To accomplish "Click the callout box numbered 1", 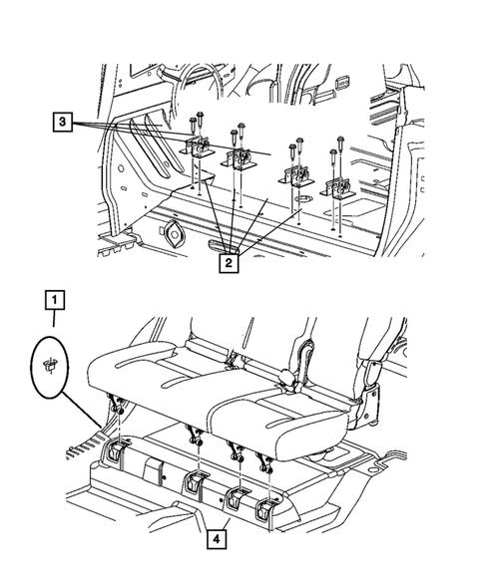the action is (55, 300).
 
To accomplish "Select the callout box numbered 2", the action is (229, 263).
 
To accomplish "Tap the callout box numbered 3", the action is (62, 122).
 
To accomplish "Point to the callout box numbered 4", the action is (217, 539).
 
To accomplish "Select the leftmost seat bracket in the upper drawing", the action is (196, 147).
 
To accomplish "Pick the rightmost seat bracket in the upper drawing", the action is (336, 188).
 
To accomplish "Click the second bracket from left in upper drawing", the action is (238, 159).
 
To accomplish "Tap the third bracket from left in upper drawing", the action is (295, 176).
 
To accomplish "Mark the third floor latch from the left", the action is (237, 499).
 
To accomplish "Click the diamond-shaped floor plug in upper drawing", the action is (174, 234).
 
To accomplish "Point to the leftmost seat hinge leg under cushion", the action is (117, 405).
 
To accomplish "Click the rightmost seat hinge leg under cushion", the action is (263, 462).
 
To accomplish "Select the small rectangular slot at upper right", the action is (343, 80).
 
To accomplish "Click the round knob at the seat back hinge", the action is (286, 375).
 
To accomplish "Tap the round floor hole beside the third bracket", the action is (303, 198).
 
